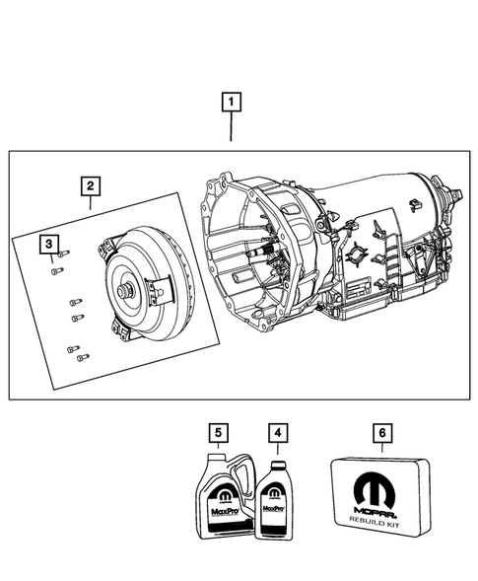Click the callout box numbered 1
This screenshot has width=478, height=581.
point(231,100)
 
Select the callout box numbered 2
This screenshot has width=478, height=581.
point(90,185)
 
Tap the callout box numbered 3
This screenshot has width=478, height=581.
point(47,243)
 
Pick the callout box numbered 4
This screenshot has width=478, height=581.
point(280,432)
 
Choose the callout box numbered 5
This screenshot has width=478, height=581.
point(219,432)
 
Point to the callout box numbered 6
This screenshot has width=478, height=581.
point(381,432)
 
